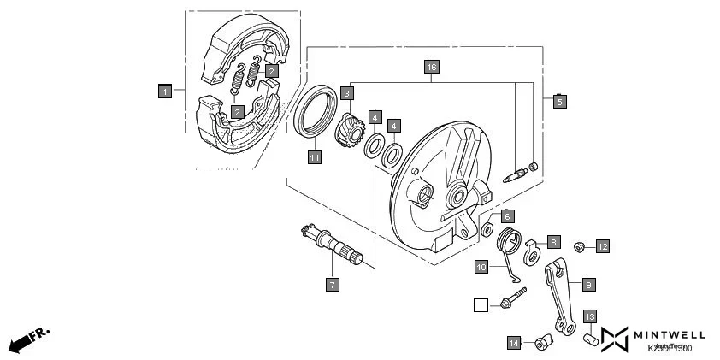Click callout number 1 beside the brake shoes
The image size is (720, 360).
166,89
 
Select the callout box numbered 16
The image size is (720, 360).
432,67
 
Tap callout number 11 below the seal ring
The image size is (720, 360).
315,157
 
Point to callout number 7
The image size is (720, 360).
333,283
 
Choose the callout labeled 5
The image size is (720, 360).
559,100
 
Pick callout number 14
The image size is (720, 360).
514,343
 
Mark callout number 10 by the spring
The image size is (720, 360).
481,267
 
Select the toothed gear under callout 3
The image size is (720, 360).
352,130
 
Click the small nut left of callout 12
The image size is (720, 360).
579,247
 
